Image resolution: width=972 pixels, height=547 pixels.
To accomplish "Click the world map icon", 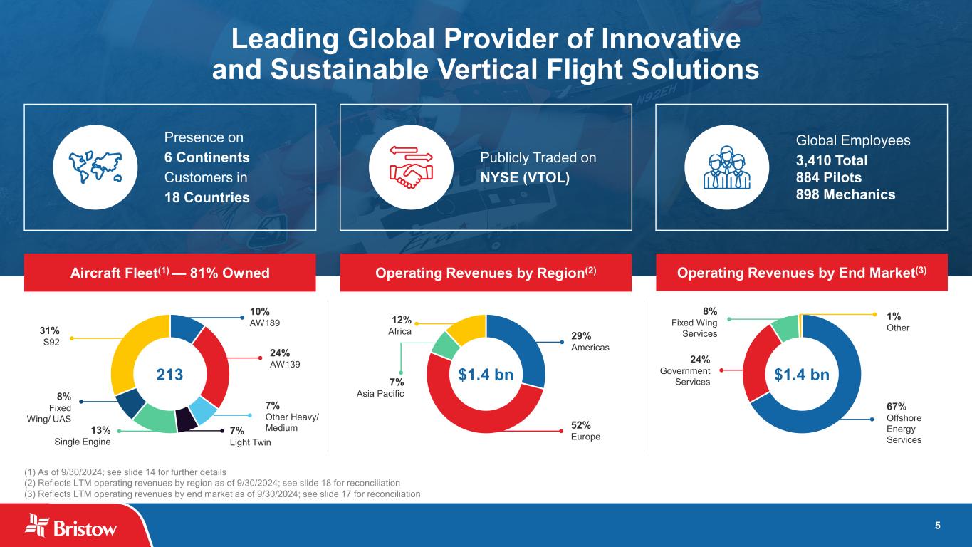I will click(x=95, y=168).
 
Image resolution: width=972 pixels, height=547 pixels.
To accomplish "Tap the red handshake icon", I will click(x=412, y=168).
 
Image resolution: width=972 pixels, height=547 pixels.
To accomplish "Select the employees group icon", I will click(x=726, y=168).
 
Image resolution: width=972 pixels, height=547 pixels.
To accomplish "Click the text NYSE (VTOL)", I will click(x=526, y=177).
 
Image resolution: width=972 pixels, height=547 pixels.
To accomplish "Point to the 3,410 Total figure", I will click(x=831, y=160).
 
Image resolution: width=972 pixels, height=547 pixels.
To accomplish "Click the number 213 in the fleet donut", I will click(x=170, y=375).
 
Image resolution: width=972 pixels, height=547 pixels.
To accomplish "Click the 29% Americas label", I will click(x=590, y=340).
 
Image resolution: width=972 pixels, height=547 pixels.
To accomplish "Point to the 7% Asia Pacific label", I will click(x=380, y=388).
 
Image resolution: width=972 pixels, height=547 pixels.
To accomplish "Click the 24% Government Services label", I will click(x=686, y=371).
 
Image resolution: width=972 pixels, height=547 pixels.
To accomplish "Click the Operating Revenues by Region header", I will click(x=486, y=273).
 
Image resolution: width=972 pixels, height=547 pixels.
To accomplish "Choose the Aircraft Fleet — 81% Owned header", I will click(x=169, y=273).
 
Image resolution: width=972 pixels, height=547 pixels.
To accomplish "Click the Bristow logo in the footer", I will click(x=71, y=527).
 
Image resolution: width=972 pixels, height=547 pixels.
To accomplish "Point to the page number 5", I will click(x=938, y=526).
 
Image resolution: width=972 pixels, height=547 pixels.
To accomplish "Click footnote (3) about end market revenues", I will click(x=222, y=494).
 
